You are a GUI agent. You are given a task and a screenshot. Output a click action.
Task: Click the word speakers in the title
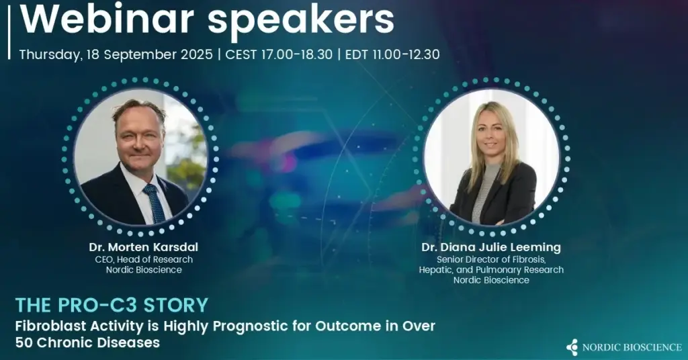302,21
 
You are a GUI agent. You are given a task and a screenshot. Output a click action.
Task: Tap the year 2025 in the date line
196,55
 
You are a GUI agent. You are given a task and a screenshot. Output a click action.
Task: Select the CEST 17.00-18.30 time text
279,55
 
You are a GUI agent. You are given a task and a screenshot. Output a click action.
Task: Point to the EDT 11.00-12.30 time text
392,55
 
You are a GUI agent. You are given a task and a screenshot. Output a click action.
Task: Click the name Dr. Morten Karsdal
144,247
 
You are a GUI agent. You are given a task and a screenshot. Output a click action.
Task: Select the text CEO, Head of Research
144,259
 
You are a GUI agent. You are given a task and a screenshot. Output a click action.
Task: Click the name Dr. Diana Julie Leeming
491,247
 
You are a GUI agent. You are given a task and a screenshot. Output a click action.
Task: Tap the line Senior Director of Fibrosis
491,259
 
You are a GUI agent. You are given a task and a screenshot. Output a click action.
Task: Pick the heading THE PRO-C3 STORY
112,305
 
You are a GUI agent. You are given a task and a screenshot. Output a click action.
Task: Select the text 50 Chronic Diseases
87,343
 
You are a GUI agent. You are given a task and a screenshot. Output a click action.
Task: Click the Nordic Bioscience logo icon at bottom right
572,347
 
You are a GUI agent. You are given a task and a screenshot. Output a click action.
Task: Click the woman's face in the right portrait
489,132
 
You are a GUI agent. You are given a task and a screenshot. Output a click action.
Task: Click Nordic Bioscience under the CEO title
144,270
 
